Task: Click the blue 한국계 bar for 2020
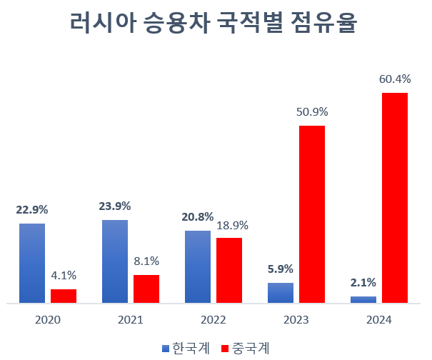32,264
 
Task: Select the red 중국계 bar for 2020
64,296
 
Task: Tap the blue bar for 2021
115,261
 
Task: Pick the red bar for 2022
229,270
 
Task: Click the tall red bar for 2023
312,214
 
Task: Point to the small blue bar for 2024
363,299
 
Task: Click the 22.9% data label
32,210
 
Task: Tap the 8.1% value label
146,261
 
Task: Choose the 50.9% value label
312,112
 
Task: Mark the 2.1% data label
363,282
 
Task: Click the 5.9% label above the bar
281,269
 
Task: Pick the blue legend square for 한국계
166,348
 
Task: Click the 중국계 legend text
251,348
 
